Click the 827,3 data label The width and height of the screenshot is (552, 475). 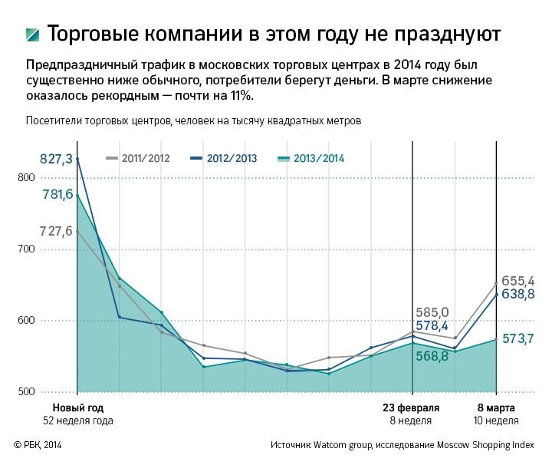coord(56,159)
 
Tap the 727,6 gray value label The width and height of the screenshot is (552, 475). coord(56,232)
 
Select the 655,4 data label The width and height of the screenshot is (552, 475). coord(518,281)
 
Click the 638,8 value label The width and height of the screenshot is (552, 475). coord(518,294)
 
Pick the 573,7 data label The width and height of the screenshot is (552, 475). coord(518,338)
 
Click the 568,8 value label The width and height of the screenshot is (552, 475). coord(432,356)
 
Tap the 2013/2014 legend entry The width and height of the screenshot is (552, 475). coord(314,158)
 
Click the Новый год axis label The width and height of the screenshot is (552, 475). coord(77,407)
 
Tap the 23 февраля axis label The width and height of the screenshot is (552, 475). coord(412,407)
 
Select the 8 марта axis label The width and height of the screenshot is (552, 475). coord(496,407)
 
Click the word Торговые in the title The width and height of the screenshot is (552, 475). coord(94,35)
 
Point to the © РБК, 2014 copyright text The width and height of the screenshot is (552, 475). coord(38,445)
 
